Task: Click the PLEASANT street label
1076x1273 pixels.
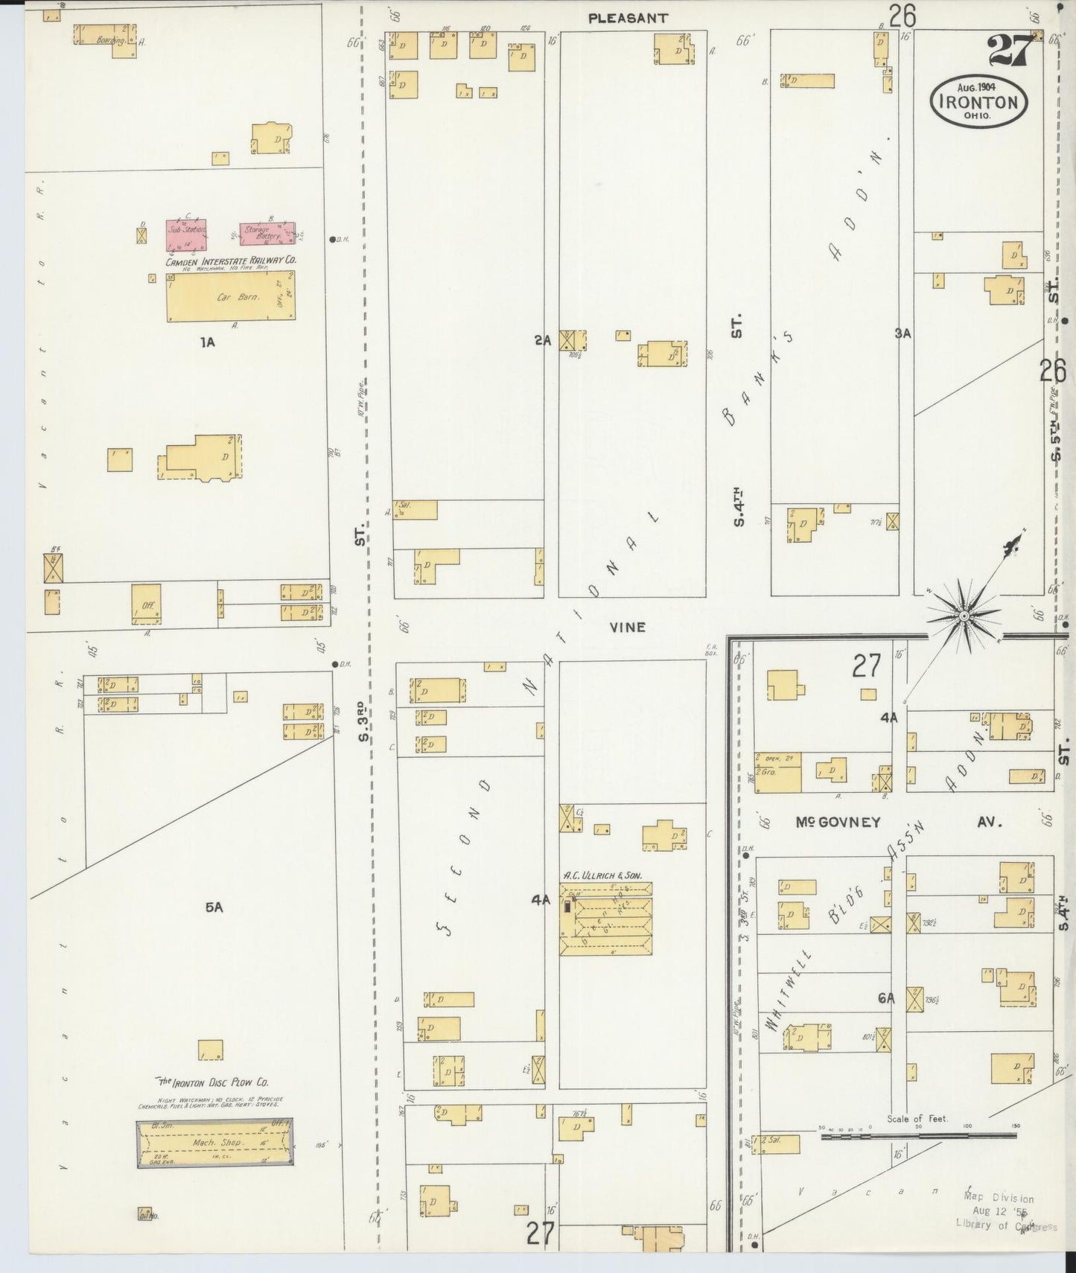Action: [x=628, y=18]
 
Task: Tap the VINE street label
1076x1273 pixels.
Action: [x=627, y=628]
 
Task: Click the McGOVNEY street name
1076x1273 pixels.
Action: [x=838, y=823]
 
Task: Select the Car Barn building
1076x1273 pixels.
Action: [x=230, y=296]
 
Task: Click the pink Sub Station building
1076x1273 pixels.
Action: [x=185, y=233]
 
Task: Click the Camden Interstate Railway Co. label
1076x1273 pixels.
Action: [x=231, y=261]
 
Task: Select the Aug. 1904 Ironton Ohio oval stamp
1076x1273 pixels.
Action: [x=978, y=101]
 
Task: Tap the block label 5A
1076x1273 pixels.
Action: [x=214, y=907]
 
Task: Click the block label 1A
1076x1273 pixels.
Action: [x=207, y=342]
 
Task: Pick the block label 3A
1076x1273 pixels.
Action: [x=902, y=334]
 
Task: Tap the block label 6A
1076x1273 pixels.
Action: [x=885, y=999]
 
